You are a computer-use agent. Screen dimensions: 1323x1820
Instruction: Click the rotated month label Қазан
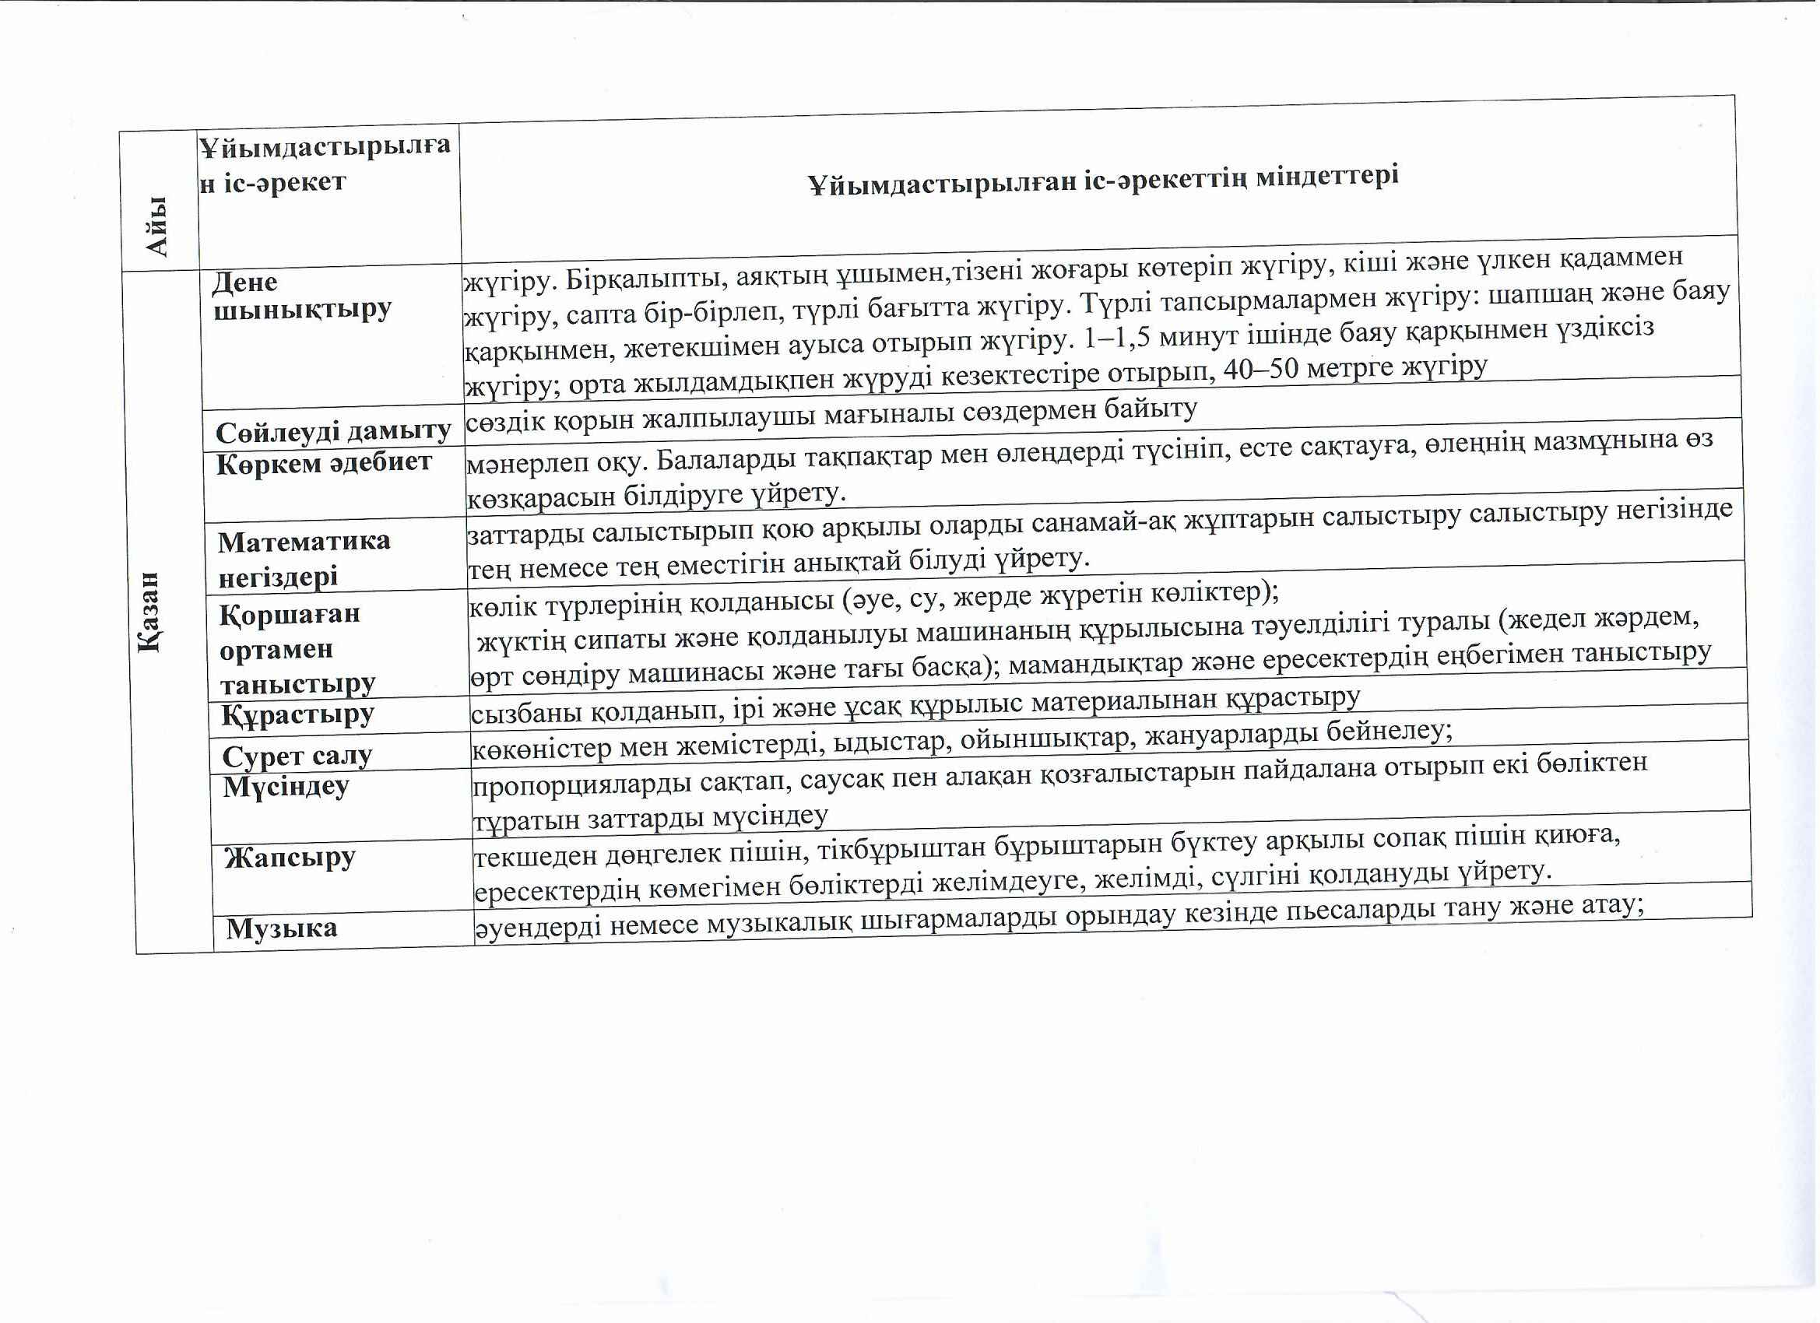[150, 612]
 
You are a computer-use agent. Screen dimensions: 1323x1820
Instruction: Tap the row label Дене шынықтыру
[302, 295]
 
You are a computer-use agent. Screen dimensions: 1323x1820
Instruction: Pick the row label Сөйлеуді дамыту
[333, 433]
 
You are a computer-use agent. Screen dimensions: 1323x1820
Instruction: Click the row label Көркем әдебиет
[323, 463]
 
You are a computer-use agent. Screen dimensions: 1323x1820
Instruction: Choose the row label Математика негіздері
[304, 559]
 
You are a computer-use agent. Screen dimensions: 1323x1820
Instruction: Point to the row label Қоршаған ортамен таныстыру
[297, 648]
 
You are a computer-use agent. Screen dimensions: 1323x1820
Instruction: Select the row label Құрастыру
[297, 714]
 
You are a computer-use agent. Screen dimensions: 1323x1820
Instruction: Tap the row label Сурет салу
[297, 756]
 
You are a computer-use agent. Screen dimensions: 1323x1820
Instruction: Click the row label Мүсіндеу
[286, 786]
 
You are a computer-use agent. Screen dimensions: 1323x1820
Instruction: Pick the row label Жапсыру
[289, 858]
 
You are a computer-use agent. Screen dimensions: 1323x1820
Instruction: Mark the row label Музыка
[281, 928]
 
